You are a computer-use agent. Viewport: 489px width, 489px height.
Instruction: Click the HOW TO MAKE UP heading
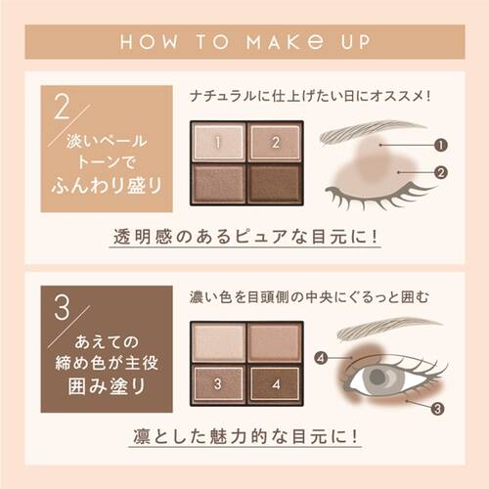[x=244, y=44]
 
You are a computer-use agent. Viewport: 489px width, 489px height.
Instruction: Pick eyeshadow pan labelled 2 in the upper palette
[x=276, y=143]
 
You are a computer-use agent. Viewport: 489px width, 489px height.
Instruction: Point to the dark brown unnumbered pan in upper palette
[x=276, y=183]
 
